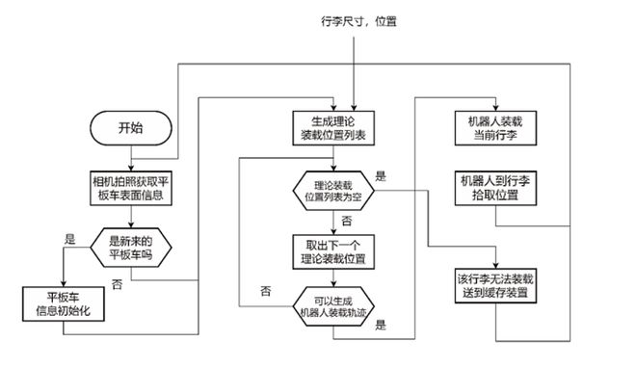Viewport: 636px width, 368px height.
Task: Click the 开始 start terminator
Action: pyautogui.click(x=129, y=127)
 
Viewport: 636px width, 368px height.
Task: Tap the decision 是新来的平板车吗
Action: pyautogui.click(x=129, y=248)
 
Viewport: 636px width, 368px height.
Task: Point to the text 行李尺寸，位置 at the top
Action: pyautogui.click(x=358, y=20)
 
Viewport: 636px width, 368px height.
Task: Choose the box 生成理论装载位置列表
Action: pyautogui.click(x=331, y=127)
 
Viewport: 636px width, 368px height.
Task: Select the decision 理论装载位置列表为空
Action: pyautogui.click(x=331, y=189)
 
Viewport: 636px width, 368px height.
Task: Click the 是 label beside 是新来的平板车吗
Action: pyautogui.click(x=68, y=238)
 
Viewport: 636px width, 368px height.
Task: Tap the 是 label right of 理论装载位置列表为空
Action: pyautogui.click(x=380, y=176)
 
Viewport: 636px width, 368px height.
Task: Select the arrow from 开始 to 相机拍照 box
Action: pyautogui.click(x=129, y=158)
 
